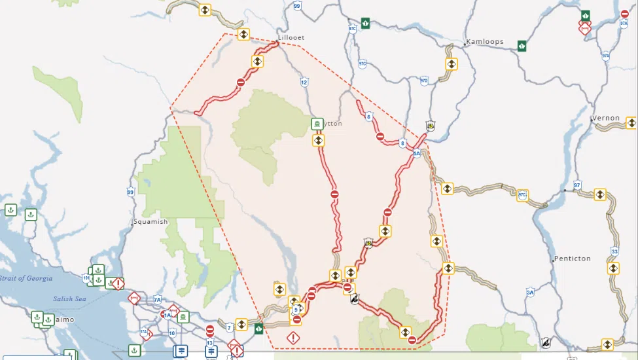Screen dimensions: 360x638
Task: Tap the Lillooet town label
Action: (x=291, y=38)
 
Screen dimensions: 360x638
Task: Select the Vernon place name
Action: (x=607, y=118)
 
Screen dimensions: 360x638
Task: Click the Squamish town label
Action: (x=152, y=222)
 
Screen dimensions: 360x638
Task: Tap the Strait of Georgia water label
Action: (x=26, y=278)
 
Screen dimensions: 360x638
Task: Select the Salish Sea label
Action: (x=70, y=299)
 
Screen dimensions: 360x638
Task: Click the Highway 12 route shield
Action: (x=304, y=82)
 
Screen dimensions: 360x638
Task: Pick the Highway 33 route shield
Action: (x=614, y=251)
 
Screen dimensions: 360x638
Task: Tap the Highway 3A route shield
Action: (x=531, y=292)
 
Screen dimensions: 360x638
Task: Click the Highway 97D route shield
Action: (x=424, y=81)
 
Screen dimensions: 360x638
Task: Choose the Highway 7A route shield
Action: (x=157, y=300)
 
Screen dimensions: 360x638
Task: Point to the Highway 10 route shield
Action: (x=172, y=333)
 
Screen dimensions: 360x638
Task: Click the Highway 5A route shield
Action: (x=417, y=154)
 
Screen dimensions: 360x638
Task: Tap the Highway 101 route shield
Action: (x=86, y=278)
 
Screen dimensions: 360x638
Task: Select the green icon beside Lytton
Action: (x=317, y=123)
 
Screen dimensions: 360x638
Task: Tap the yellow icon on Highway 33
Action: (x=613, y=268)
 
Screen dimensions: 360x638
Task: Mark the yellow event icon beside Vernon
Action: (x=631, y=122)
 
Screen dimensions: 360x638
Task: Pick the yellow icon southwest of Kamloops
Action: (x=452, y=64)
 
